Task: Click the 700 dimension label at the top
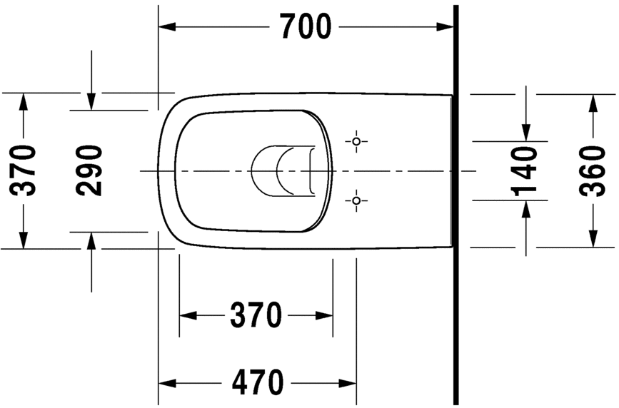305,27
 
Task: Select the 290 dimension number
90,170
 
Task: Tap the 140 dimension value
525,170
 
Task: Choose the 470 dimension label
257,383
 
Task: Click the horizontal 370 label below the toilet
256,315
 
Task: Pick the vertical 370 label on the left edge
24,170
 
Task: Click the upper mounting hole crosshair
356,141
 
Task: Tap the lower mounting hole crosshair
356,201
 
